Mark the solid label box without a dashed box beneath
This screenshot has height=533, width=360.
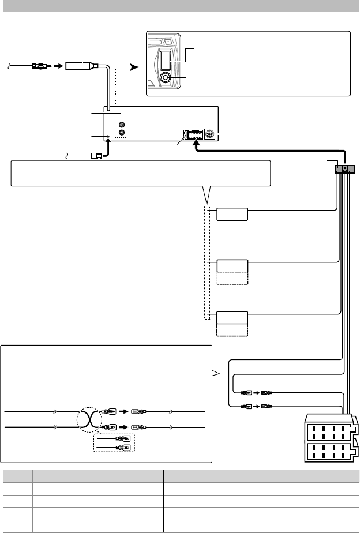click(x=232, y=214)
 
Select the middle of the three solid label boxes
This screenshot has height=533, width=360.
click(x=232, y=265)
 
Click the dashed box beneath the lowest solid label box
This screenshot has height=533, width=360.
click(x=232, y=330)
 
